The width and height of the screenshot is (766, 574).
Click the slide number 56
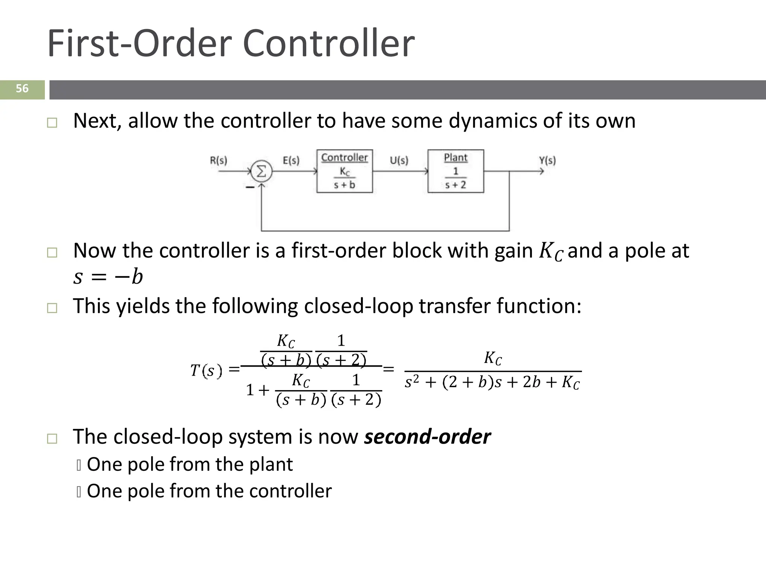[x=22, y=89]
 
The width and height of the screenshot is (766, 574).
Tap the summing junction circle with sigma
[x=261, y=172]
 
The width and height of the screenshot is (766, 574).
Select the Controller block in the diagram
[x=344, y=171]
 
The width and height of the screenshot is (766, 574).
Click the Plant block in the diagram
[x=456, y=171]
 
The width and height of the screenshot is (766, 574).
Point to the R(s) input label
[x=218, y=161]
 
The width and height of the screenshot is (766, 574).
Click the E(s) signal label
[x=291, y=161]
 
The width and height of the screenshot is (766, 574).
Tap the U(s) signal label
[x=399, y=161]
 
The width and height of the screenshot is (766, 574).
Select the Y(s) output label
[x=547, y=161]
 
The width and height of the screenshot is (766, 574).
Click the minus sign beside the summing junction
[x=250, y=187]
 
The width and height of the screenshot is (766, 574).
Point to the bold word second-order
[x=427, y=436]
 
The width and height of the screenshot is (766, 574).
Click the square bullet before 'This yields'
[x=52, y=308]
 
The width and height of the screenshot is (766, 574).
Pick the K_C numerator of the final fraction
[x=493, y=358]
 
